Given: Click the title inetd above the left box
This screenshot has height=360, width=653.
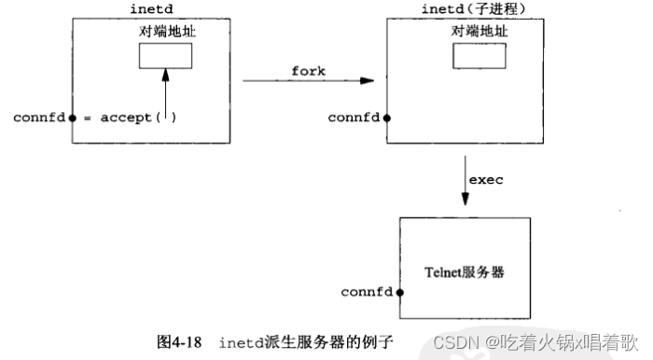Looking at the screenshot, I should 151,8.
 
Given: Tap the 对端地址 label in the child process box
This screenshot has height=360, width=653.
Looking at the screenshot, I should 479,30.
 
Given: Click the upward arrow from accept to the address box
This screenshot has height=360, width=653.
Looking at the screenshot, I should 164,93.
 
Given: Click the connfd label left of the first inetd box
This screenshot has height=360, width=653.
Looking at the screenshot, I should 39,118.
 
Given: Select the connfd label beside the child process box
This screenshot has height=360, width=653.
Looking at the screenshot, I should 354,118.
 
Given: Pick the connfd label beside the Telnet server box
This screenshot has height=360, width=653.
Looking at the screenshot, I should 367,293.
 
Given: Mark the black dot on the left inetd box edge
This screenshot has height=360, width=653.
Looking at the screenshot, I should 72,119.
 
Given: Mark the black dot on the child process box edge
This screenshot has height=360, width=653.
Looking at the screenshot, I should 386,119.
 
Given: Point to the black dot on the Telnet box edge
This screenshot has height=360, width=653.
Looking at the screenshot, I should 399,293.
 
